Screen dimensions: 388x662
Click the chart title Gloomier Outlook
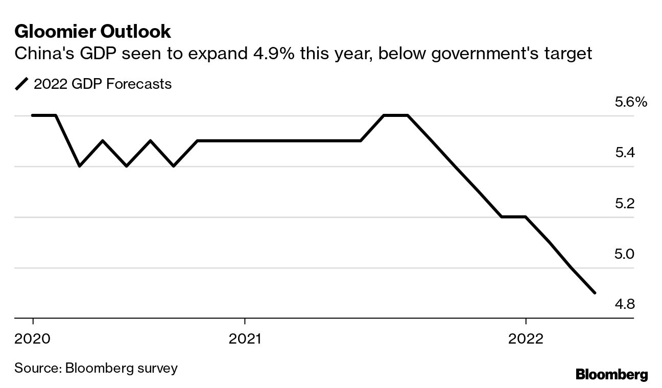coord(92,32)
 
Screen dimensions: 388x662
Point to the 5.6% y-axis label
coord(631,103)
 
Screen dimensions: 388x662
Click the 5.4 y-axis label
coord(624,153)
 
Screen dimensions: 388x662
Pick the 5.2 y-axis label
coord(624,204)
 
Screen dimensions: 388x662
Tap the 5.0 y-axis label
coord(624,254)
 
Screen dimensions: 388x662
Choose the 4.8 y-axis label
coord(624,305)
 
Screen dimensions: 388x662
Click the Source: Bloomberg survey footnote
coord(96,368)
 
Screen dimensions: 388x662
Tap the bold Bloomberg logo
coord(611,374)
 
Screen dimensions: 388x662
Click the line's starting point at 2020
coord(33,115)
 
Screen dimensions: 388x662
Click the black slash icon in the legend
coord(22,84)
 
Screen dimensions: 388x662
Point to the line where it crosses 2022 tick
coord(526,217)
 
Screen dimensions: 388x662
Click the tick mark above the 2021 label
coord(245,322)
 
